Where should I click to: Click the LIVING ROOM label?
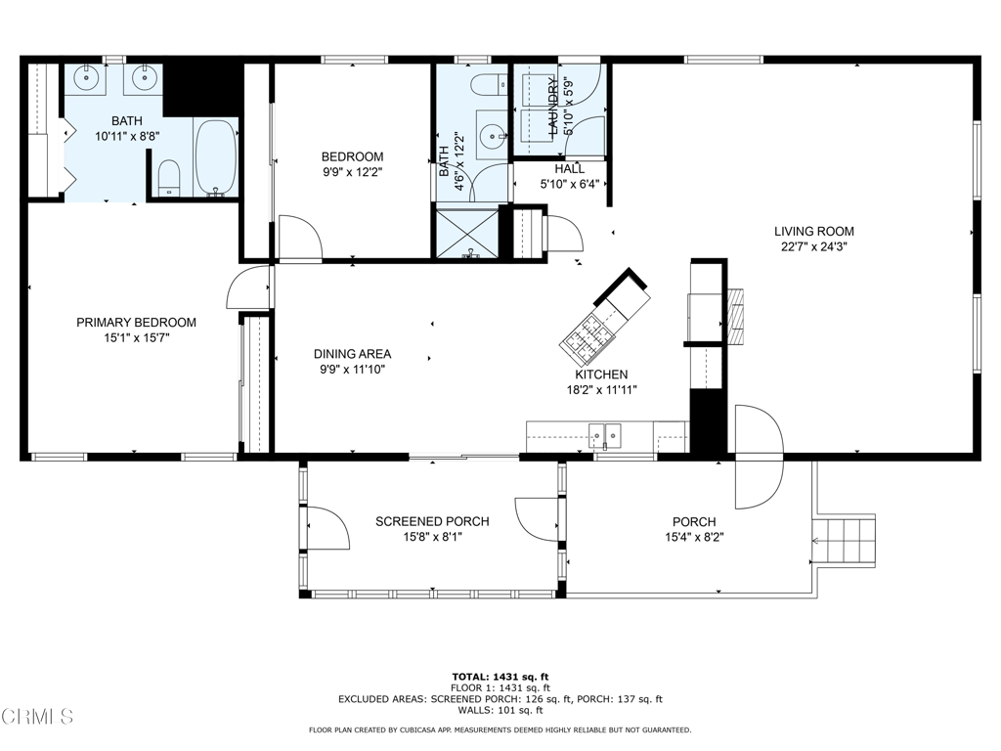point(814,231)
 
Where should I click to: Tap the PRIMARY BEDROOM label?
point(136,323)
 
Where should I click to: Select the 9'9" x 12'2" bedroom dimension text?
point(352,172)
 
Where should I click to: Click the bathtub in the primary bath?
point(216,156)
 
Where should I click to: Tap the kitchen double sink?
point(604,435)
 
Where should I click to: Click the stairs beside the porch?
point(843,540)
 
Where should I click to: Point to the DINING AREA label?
point(352,354)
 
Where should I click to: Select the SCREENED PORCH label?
point(432,522)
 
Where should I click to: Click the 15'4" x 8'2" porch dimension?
point(694,537)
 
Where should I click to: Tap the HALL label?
point(570,169)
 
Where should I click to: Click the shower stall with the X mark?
point(467,233)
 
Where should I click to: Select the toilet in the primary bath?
point(169,178)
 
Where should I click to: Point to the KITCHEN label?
point(601,375)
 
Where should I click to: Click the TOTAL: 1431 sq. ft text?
point(500,677)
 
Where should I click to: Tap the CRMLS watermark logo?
point(37,716)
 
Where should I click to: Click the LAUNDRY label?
point(553,106)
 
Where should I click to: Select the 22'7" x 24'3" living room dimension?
point(814,247)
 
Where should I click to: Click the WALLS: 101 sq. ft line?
point(500,710)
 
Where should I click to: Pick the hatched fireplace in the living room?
point(736,318)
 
